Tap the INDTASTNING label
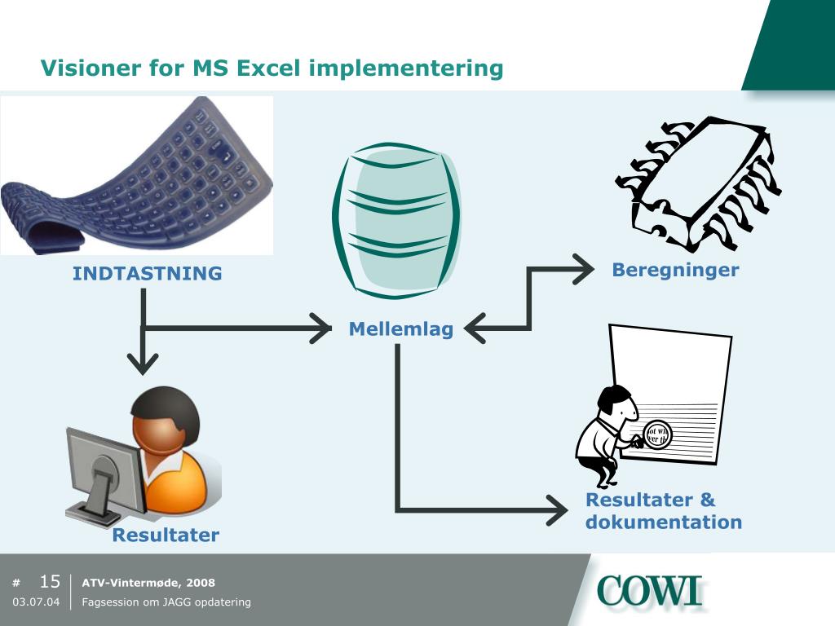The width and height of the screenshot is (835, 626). pos(147,274)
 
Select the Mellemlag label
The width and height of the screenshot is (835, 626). pos(400,329)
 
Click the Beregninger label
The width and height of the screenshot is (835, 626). pos(675,270)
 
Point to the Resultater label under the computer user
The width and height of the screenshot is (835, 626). pos(166,536)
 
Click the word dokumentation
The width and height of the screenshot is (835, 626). pos(663,522)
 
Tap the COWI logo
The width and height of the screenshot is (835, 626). pos(649,591)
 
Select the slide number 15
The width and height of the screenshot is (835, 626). pos(50,582)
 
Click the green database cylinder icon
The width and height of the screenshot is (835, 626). pos(397,220)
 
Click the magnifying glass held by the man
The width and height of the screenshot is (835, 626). pos(655,434)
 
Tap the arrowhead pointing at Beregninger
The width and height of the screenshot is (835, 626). pos(584,269)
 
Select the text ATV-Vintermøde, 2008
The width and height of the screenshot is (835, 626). pos(148,583)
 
